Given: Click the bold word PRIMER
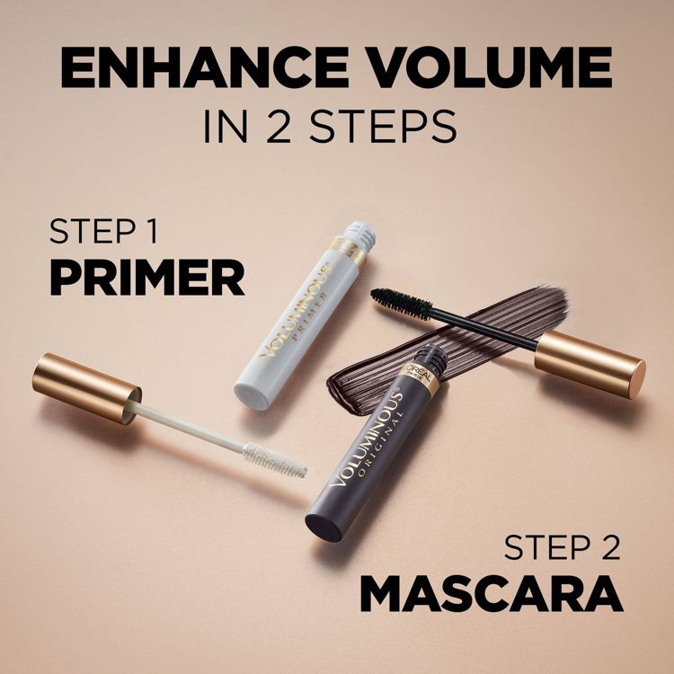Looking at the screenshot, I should coord(146,279).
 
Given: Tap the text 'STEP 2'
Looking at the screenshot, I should coord(561,548).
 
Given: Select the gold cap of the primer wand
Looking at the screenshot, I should coord(86,386).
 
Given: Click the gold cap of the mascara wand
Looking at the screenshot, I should coord(589,362).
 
